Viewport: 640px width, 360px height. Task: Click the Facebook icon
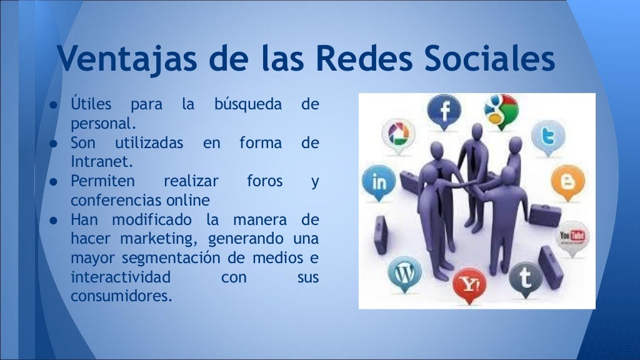(x=444, y=111)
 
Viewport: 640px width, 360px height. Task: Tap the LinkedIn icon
(x=379, y=182)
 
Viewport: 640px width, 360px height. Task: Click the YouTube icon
(x=572, y=236)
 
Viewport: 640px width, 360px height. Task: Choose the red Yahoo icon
(x=469, y=284)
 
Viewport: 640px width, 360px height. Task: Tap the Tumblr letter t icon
(x=526, y=278)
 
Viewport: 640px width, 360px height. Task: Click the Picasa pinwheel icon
(x=397, y=133)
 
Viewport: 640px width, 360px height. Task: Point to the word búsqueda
(x=248, y=104)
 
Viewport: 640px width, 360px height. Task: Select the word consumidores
(x=121, y=295)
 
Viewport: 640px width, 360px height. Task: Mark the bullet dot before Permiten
(x=54, y=182)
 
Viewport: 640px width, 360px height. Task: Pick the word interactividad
(x=121, y=276)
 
